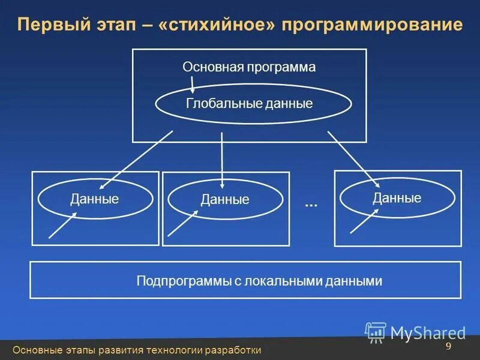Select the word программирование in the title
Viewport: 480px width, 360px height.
click(370, 25)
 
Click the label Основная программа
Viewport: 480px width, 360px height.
click(249, 67)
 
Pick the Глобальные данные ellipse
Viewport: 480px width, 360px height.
click(253, 104)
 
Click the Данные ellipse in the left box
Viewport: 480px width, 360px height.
click(95, 199)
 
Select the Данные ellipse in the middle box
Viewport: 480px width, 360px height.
click(225, 200)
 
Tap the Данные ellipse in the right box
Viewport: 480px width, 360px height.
click(397, 198)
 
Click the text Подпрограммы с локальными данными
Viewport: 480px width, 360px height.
click(259, 280)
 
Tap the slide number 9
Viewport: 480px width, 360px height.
click(448, 347)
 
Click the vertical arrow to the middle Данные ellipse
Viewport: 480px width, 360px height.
click(222, 159)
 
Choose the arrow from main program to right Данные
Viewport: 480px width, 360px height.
click(353, 158)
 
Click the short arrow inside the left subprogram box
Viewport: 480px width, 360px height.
click(62, 226)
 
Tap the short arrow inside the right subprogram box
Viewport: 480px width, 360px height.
click(364, 221)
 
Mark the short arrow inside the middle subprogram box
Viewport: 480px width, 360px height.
click(183, 223)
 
